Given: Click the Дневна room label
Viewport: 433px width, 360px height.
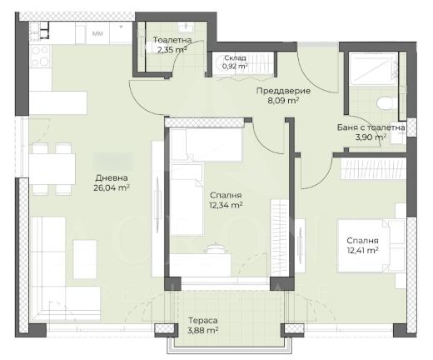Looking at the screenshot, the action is pos(112,177).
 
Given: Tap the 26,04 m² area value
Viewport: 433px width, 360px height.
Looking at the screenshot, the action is pos(112,188).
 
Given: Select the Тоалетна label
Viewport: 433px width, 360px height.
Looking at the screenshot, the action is pos(172,40).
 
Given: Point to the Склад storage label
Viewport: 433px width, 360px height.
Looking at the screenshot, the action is pos(235,58).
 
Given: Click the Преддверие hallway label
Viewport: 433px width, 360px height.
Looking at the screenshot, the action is pos(283,91).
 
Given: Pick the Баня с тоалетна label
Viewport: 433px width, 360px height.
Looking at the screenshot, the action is pos(371,127).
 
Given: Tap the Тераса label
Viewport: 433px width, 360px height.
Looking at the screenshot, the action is pos(202,321).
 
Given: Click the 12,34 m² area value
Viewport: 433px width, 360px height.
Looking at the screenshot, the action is pos(226,206).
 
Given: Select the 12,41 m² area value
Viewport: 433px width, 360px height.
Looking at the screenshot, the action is pos(362,251).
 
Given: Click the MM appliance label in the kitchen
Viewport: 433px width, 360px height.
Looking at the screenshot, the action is pos(97,34).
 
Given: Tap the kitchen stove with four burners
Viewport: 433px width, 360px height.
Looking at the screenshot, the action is pos(41,56).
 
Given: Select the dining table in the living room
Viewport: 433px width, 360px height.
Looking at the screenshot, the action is pos(52,169).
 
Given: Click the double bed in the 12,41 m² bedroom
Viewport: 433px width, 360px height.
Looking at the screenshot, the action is pos(371,246).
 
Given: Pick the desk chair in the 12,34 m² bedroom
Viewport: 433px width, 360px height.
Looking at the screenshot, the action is pos(215,248).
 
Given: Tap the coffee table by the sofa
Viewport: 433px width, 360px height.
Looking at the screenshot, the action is pos(85,259).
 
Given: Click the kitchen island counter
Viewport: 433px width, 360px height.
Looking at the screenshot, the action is pos(58,102).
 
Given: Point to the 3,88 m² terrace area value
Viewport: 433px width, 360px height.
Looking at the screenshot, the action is pos(202,331).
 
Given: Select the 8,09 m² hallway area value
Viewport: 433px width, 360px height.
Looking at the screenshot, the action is pos(283,101).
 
